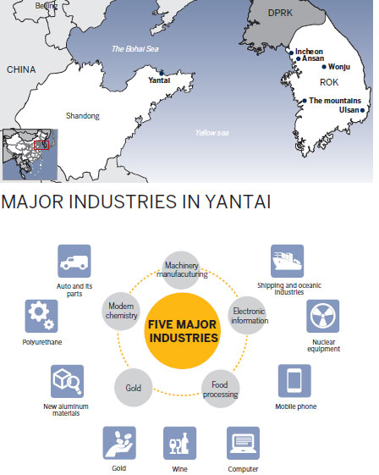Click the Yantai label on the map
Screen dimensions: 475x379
159,80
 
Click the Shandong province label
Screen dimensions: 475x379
83,115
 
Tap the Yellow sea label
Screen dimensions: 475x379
211,133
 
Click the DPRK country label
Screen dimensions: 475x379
279,14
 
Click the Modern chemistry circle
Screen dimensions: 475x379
122,310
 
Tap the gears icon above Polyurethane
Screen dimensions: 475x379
41,316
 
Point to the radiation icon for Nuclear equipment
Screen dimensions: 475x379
322,316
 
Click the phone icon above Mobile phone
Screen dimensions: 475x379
295,380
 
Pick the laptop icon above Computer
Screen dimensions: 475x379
243,443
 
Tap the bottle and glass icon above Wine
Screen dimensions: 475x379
180,443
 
